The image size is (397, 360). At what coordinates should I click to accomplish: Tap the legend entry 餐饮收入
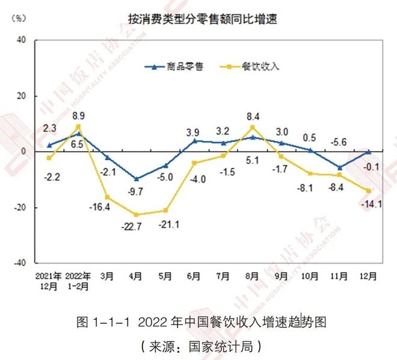pos(260,66)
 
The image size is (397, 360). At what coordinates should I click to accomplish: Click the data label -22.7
pos(135,227)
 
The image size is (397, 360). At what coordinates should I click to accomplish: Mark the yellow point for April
pos(136,215)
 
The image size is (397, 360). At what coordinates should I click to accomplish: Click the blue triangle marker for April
pos(136,179)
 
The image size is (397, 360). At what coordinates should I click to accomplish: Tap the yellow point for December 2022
pos(369,191)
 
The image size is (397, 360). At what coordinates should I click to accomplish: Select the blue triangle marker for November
pos(340,167)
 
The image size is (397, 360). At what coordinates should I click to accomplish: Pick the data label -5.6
pos(340,142)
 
